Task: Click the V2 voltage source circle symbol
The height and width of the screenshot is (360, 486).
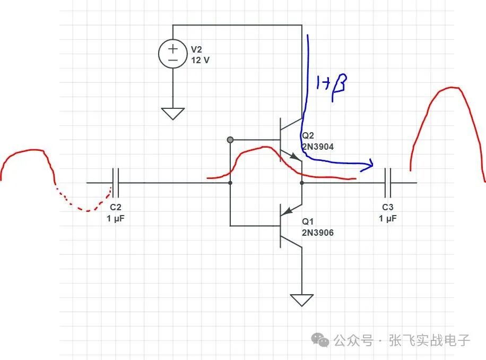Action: tap(173, 54)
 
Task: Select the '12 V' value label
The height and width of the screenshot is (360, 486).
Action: tap(200, 60)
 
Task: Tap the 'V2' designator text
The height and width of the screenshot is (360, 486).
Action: tap(197, 49)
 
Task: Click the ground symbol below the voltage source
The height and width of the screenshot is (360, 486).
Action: tap(173, 113)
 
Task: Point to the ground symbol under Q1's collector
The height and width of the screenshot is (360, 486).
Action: tap(302, 299)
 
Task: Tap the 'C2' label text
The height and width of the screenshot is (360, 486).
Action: tap(116, 207)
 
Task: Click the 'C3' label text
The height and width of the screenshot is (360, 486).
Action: tap(388, 207)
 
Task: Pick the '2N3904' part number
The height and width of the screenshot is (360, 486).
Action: tap(317, 147)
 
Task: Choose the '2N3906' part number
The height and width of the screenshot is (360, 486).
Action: tap(317, 233)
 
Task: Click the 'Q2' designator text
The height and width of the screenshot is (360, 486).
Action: tap(308, 136)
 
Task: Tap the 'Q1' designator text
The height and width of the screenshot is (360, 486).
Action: tap(308, 222)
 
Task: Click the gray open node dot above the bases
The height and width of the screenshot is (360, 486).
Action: tap(230, 140)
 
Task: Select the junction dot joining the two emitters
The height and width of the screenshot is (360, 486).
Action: tap(302, 183)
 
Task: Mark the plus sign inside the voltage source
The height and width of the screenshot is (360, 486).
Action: tap(173, 48)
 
